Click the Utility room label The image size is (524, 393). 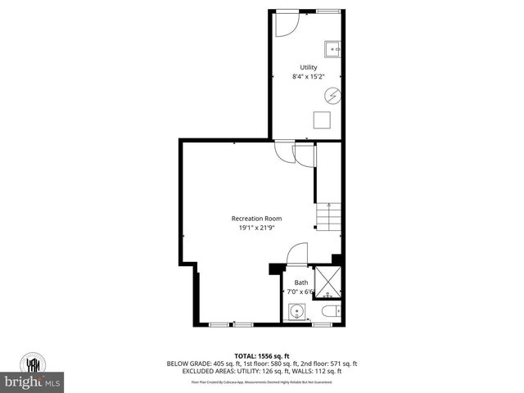(308, 67)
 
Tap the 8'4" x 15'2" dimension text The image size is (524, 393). (308, 77)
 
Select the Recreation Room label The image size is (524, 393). (256, 218)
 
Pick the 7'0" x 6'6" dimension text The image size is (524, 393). (300, 291)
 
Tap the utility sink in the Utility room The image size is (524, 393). (334, 48)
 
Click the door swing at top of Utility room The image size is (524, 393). (286, 23)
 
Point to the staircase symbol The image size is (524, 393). (327, 217)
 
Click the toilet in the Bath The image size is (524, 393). (330, 313)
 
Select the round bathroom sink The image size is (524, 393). (296, 313)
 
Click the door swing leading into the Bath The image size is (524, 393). (297, 254)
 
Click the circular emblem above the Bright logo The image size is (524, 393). (34, 362)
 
